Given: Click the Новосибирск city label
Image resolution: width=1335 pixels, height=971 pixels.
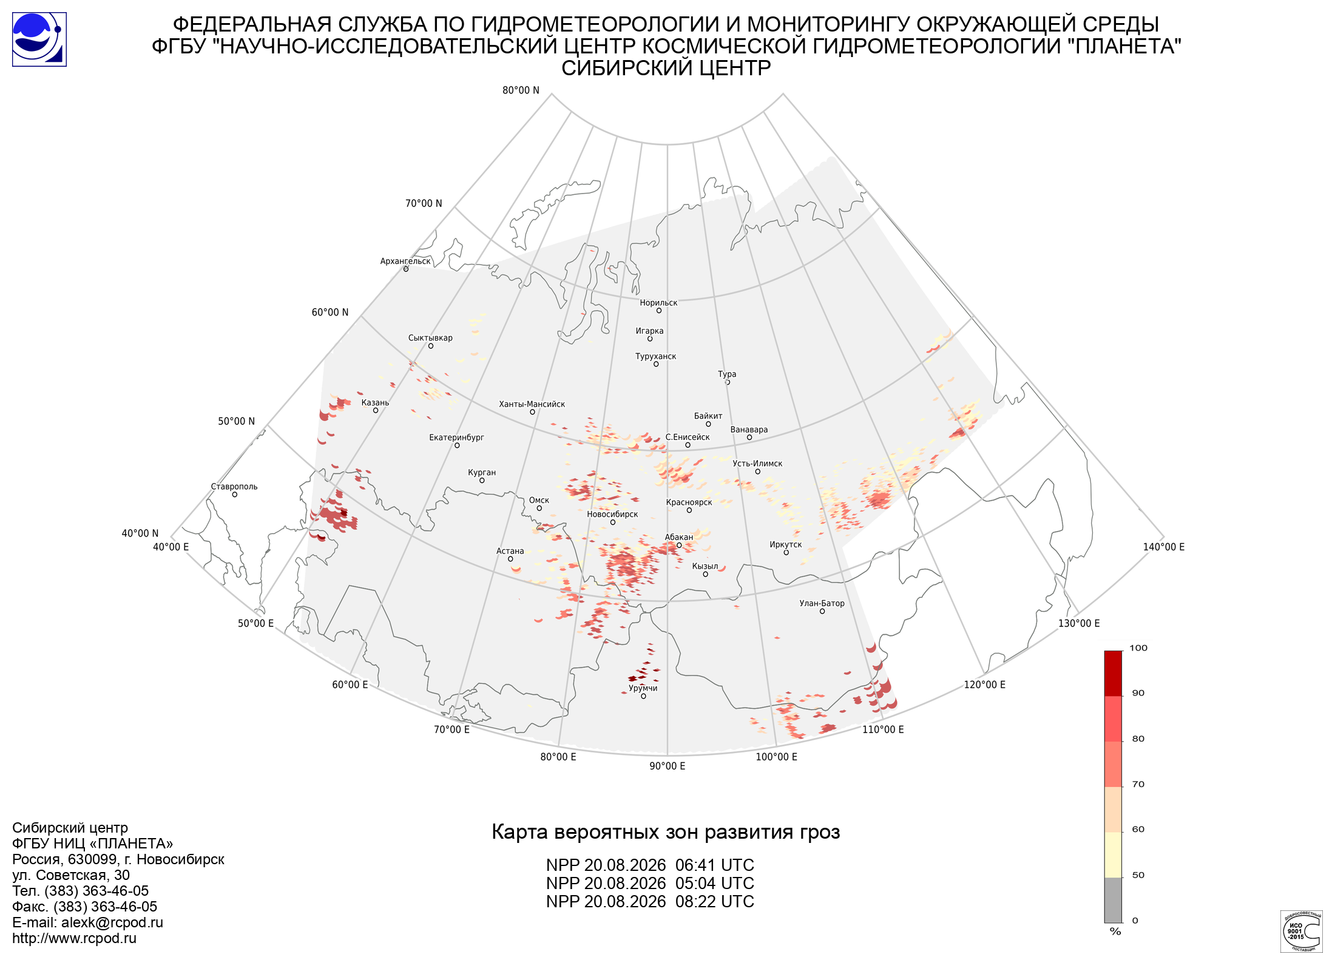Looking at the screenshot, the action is [612, 514].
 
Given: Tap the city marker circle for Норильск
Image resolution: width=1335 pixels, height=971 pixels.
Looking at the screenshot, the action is [658, 311].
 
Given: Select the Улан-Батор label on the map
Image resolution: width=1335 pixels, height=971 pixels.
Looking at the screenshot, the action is [822, 603].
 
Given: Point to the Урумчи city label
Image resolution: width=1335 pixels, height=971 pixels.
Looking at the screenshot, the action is [643, 688].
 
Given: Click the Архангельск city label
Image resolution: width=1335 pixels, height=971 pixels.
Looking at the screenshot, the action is [405, 261].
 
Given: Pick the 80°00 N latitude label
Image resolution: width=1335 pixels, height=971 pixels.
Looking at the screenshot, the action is [521, 90].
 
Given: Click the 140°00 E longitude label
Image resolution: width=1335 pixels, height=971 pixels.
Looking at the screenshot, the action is [1164, 547].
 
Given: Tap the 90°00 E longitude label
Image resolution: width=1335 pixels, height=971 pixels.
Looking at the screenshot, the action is [667, 766].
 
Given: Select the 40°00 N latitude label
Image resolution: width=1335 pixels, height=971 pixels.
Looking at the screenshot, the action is [140, 533].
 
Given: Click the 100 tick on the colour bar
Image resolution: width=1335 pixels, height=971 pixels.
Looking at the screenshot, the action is [1138, 648].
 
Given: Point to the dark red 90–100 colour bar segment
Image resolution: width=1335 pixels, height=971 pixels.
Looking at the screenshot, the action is [1113, 674].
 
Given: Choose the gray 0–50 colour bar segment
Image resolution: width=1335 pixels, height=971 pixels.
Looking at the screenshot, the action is [1113, 900].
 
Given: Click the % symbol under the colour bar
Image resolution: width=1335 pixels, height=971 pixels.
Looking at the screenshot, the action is [1115, 932].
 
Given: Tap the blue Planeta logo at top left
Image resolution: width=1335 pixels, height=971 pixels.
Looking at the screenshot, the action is [39, 39].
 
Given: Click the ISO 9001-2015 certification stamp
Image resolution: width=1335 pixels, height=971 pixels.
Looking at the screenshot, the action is [1301, 931].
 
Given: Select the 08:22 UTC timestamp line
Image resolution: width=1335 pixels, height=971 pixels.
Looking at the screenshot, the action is [650, 902].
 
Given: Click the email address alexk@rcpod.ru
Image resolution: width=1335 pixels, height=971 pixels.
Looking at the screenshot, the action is [112, 922].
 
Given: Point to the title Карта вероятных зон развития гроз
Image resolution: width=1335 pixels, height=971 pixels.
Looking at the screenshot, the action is [666, 832].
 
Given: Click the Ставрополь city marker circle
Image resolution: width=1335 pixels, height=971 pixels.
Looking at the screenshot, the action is [235, 495].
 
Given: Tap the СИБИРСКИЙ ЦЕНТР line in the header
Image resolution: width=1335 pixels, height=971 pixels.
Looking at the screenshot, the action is [666, 68].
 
